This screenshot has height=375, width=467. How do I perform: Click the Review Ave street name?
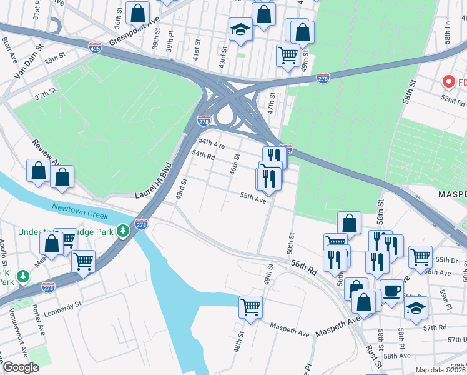point(45,154)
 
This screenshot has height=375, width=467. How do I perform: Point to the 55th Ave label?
point(253,197)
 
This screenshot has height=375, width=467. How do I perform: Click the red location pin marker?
point(448,81)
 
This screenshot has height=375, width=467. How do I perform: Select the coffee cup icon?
point(391,291)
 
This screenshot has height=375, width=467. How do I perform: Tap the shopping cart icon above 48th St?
point(250,306)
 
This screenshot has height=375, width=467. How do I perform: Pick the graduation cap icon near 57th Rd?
point(416,307)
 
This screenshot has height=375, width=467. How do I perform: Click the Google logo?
point(22,367)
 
